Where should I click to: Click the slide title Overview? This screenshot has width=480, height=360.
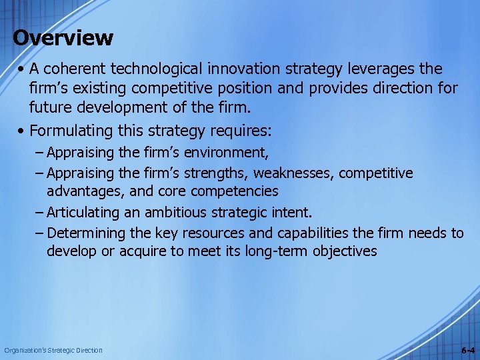click(x=63, y=37)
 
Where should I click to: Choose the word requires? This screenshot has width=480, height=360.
click(x=240, y=129)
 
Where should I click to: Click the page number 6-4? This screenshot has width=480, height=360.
click(x=467, y=350)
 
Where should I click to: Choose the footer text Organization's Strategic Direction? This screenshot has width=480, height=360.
click(x=53, y=350)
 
